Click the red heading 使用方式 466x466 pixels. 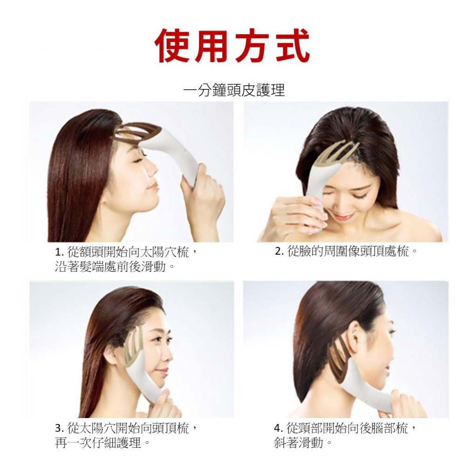click(233, 46)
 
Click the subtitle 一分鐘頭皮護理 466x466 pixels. click(234, 90)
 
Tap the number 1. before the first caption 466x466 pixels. click(60, 253)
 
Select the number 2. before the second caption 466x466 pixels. click(279, 252)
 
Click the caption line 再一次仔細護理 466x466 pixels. click(102, 443)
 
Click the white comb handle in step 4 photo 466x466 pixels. click(369, 392)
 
